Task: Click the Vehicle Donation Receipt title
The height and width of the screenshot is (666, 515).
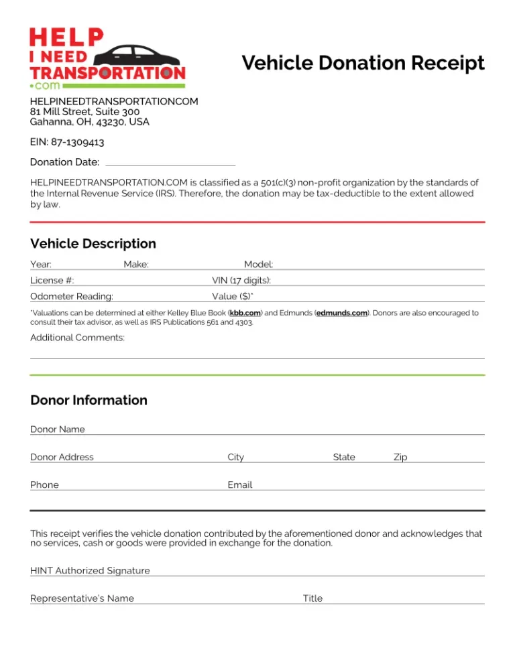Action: tap(363, 63)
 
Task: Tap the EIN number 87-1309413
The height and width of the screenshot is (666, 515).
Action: tap(67, 142)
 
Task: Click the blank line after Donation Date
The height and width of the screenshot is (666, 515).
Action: tap(170, 162)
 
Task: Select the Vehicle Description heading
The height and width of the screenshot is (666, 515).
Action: tap(93, 243)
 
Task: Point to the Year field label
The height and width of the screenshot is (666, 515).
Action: tap(41, 265)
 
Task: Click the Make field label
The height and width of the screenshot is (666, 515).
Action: tap(136, 265)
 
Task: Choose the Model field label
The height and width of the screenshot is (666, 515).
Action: tap(258, 265)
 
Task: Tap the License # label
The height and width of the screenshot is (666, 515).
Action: tap(52, 280)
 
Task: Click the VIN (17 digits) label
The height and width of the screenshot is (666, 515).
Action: tap(241, 280)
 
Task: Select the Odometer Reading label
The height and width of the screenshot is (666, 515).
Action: tap(72, 296)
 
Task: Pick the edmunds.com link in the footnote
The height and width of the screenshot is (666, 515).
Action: tap(342, 313)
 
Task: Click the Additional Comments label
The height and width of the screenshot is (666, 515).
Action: tap(78, 338)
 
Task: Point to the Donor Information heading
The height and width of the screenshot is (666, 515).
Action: tap(89, 400)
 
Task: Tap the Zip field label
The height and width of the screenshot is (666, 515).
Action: tap(400, 457)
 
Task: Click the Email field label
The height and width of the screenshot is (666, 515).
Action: tap(240, 484)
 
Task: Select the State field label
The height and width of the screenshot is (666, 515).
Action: tap(344, 457)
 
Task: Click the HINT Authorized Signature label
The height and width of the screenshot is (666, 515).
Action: tap(90, 571)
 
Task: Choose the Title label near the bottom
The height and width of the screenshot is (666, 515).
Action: tap(312, 598)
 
